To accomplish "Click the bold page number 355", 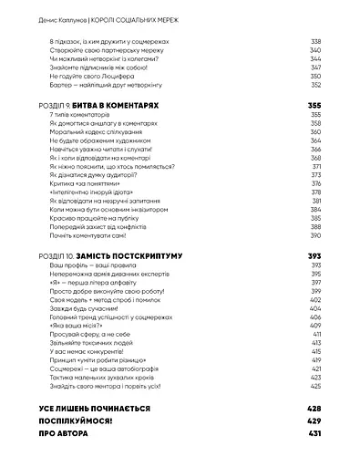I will pyautogui.click(x=315, y=106).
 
